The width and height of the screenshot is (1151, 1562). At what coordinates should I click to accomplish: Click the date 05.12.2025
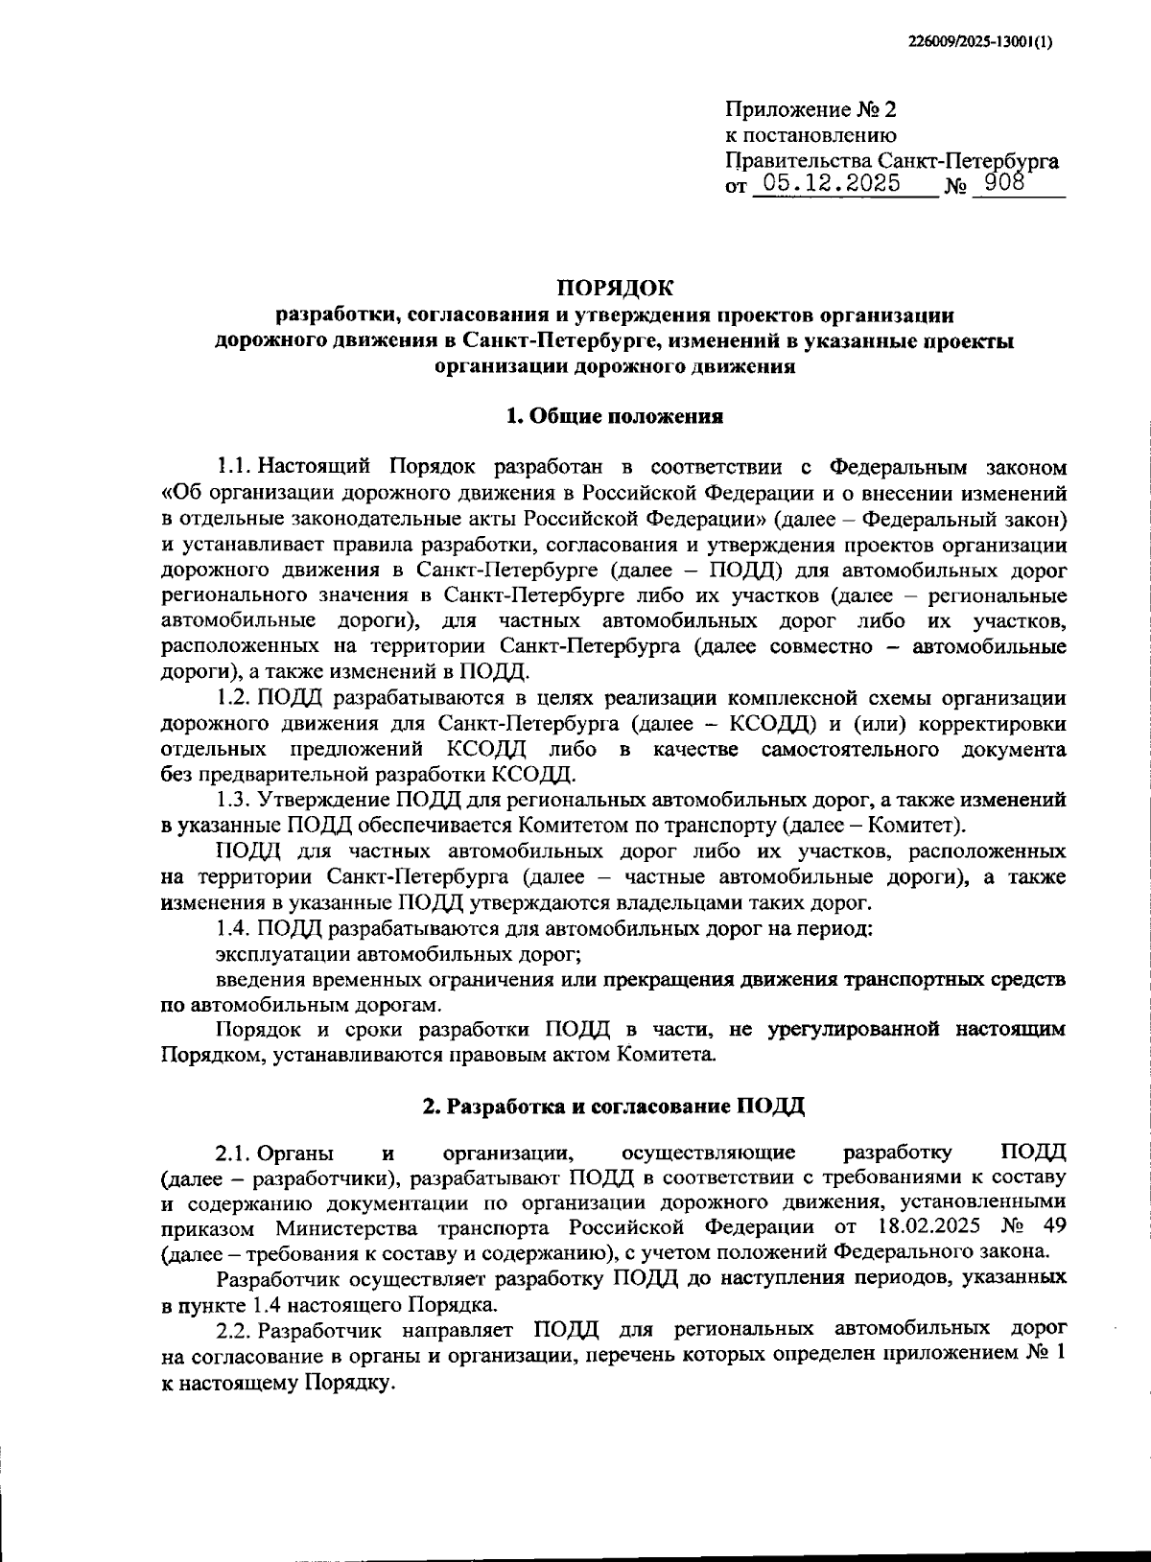pos(827,183)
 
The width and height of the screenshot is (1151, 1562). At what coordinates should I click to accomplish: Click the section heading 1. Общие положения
pos(614,416)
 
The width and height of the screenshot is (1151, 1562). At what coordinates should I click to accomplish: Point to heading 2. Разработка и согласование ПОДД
pos(614,1106)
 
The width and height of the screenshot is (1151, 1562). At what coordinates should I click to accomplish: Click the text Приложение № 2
pos(798,110)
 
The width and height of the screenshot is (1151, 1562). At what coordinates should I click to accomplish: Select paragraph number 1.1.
pos(233,468)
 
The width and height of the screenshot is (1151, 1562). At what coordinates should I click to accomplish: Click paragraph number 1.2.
pos(233,697)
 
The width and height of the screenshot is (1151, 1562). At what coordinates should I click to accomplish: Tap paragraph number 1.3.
pos(233,799)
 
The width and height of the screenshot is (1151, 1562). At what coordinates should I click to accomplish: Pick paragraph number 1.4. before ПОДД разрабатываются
pos(233,928)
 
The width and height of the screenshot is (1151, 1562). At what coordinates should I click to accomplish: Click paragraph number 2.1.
pos(233,1152)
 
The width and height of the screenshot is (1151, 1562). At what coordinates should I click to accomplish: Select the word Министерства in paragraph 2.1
pos(350,1227)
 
